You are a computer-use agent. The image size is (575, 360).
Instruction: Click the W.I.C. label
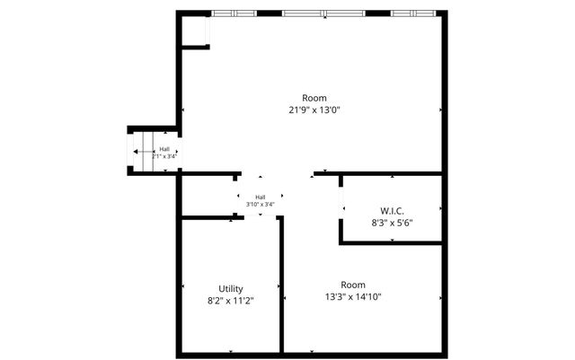pos(392,211)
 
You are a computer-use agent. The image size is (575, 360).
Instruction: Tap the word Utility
pos(231,289)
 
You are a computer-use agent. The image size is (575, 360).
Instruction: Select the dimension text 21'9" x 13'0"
pos(314,110)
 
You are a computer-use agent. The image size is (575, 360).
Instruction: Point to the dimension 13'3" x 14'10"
pos(353,295)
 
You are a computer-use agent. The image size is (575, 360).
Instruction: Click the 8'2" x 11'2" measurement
pos(231,301)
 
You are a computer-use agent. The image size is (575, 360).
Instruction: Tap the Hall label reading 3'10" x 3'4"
pos(261,205)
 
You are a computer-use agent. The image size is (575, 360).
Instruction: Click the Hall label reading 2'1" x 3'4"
pos(164,156)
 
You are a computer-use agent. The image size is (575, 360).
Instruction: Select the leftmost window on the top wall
pos(234,13)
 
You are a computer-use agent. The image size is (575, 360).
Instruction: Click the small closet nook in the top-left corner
pos(194,31)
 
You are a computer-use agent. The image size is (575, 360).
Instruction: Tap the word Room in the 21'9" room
pos(314,98)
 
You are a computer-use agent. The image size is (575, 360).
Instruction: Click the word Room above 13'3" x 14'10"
pos(353,284)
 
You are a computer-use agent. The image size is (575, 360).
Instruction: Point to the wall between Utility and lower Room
pos(281,287)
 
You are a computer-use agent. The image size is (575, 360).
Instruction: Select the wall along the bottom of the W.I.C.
pos(392,241)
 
